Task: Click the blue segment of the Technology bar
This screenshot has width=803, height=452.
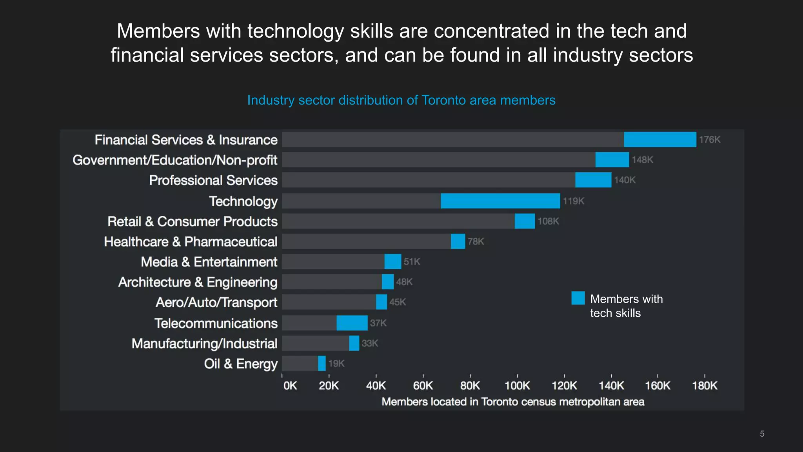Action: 500,201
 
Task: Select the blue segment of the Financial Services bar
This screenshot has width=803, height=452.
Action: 660,140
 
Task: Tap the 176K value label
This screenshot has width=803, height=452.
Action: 710,140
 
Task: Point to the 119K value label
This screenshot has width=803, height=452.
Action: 573,201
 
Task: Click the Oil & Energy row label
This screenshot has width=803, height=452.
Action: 240,364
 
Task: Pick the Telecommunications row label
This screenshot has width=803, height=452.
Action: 216,323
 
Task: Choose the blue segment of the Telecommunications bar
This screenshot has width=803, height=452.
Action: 352,323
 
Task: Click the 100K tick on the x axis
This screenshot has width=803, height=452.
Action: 517,386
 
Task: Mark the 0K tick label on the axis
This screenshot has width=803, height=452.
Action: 290,386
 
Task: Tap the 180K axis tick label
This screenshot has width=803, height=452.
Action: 705,386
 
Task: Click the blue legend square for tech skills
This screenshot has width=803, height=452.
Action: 578,298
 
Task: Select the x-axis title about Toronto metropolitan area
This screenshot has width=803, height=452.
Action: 513,402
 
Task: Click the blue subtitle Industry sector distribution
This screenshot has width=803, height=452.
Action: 401,100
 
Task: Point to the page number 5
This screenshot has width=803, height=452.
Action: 762,434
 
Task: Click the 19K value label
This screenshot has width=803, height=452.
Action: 336,364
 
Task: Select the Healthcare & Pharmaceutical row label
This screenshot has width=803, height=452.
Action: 191,242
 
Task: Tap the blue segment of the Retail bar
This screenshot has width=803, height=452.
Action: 525,221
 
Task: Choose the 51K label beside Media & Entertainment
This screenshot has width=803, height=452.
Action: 412,262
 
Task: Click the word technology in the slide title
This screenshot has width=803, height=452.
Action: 296,31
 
